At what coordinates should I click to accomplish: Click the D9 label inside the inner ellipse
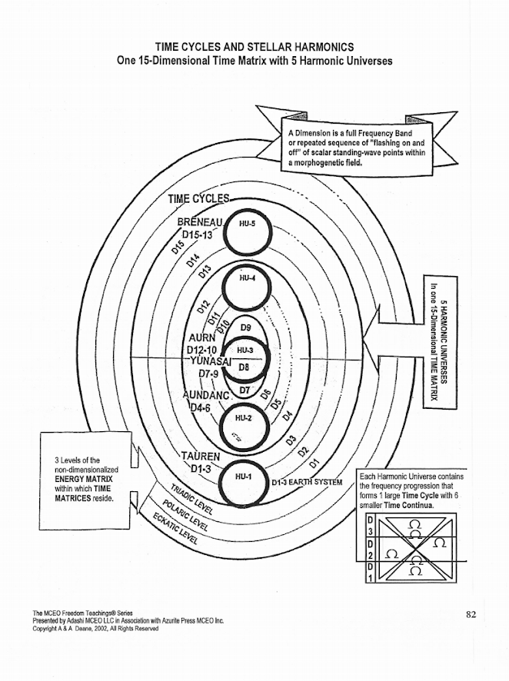pyautogui.click(x=246, y=328)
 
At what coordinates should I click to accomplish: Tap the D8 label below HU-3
pyautogui.click(x=245, y=368)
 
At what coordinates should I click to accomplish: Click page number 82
pyautogui.click(x=471, y=613)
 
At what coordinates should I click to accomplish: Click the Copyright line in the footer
pyautogui.click(x=95, y=628)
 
